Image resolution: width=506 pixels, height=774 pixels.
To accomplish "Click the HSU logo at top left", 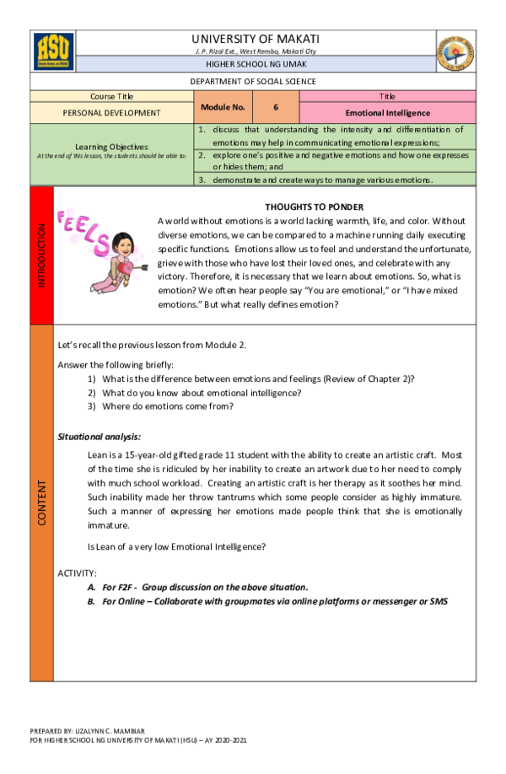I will coord(53,51).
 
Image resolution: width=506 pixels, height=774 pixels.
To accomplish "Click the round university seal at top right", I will coord(455,52).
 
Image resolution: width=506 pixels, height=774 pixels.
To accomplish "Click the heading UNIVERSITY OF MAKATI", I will coord(256,39).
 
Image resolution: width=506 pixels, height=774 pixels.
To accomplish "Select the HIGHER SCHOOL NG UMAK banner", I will coord(256,64).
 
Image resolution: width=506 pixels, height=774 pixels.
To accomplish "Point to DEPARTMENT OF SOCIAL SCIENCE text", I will coord(253,82).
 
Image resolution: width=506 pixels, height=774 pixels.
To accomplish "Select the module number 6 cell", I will coord(275,107).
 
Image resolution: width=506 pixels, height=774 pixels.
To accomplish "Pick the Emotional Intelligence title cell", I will coord(387,112).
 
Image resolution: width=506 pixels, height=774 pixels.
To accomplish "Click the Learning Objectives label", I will coord(111,146).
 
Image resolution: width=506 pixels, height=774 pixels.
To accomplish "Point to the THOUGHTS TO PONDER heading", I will coord(314,207).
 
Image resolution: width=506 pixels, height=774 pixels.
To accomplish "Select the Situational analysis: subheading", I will coord(99,436).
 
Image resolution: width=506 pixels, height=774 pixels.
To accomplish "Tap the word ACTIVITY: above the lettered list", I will coord(77,572).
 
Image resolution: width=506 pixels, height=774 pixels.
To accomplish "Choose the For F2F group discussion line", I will coord(204,587).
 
